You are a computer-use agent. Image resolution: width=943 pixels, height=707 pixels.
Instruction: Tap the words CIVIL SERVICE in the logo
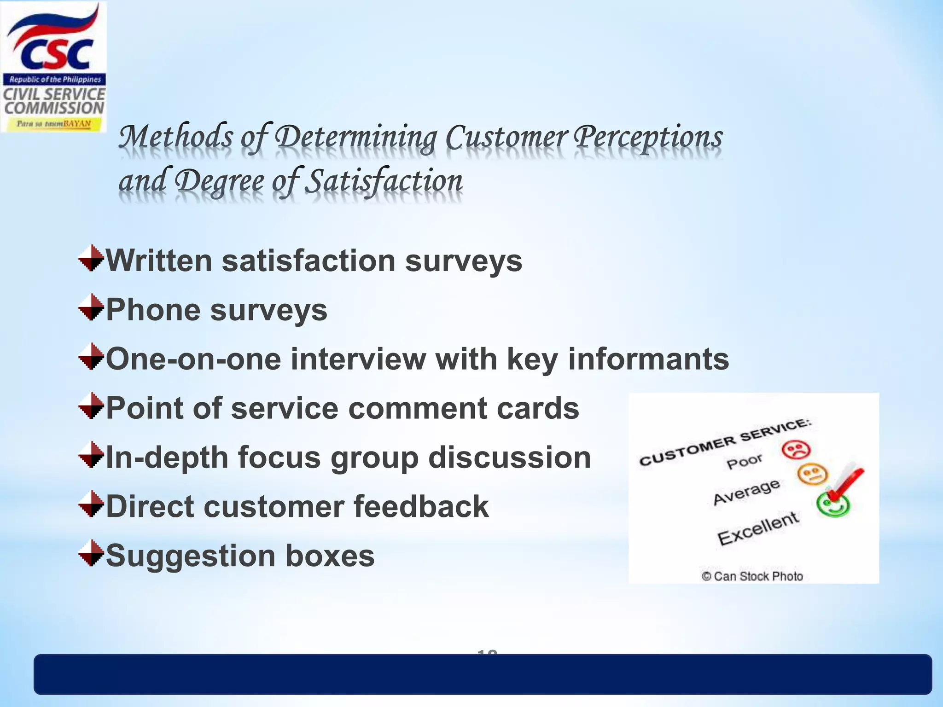(54, 94)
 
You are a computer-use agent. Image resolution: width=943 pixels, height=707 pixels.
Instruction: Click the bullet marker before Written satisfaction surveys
(91, 258)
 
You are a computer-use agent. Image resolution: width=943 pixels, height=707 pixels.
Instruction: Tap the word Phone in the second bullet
(153, 310)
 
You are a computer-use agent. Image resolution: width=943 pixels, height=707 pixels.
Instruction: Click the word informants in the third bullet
(648, 359)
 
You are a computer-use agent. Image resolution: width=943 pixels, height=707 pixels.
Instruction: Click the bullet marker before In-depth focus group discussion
(91, 455)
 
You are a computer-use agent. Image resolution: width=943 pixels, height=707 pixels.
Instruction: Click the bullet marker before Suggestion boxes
(91, 553)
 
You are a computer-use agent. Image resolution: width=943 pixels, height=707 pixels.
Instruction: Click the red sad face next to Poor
(796, 450)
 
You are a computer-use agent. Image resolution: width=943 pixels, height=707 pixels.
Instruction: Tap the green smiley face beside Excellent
(833, 505)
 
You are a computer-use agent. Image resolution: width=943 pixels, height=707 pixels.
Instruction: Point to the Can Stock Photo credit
(752, 576)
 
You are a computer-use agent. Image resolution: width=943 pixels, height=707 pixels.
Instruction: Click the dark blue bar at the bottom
(483, 675)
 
